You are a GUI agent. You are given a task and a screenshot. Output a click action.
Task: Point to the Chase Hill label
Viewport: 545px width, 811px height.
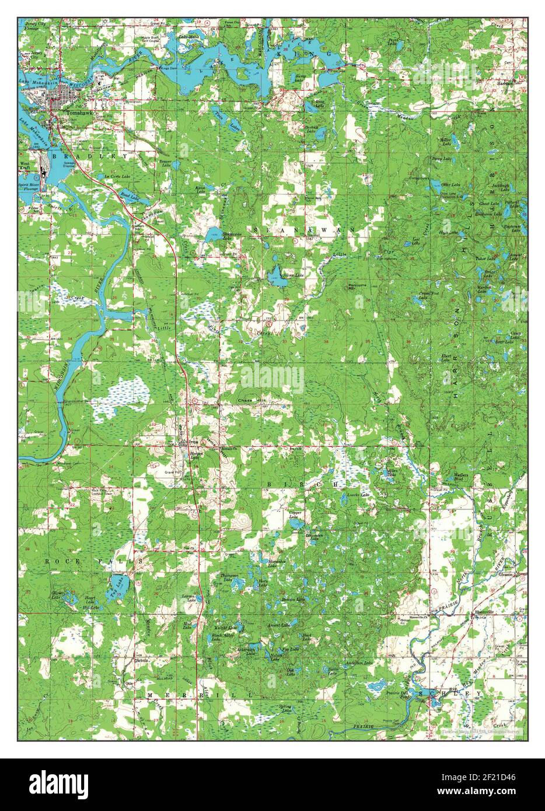coord(251,400)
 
